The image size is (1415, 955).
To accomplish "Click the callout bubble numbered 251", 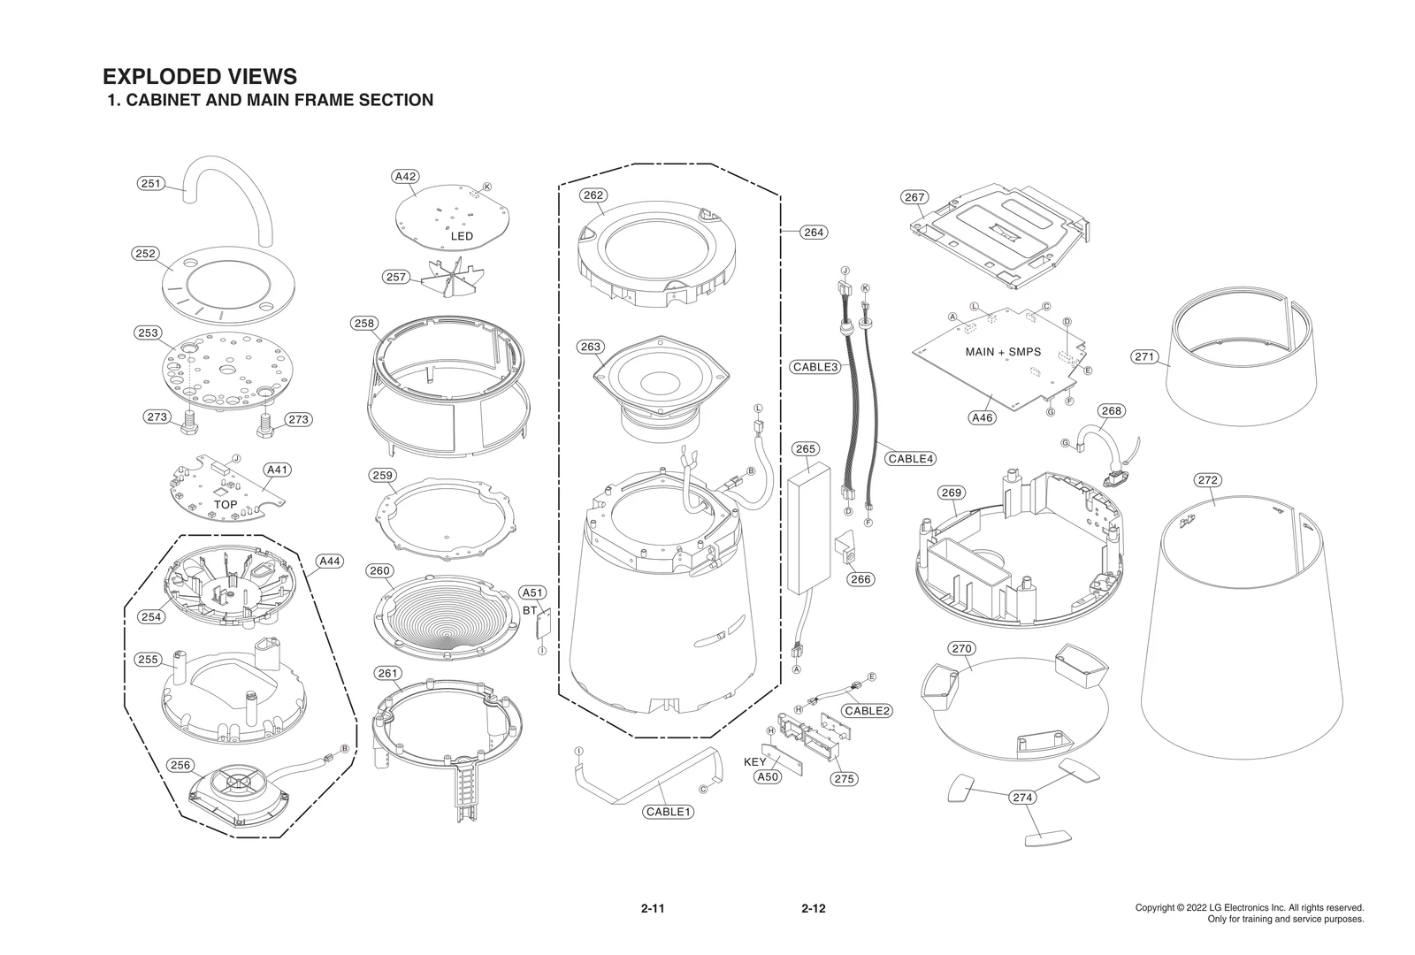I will [x=151, y=183].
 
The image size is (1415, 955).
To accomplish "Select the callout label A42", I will [x=405, y=176].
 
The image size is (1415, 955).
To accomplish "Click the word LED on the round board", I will [x=462, y=236].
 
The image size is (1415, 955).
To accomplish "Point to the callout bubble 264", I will [x=813, y=233].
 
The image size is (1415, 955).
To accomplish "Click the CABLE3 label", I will [x=815, y=366].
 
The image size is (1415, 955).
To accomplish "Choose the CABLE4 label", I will [x=911, y=458].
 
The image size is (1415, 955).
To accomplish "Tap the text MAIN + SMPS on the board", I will [x=1003, y=352].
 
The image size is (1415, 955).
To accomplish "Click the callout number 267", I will [x=914, y=197].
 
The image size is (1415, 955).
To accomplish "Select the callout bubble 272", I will [x=1207, y=480].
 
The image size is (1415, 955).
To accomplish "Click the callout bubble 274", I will [x=1022, y=798].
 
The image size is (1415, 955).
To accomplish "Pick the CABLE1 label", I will [x=669, y=812].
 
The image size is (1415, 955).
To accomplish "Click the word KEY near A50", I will [x=754, y=761].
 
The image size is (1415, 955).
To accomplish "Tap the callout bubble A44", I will [x=329, y=561].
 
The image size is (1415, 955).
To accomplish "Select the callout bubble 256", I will [x=180, y=765].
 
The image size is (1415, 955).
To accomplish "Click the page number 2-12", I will [x=813, y=908].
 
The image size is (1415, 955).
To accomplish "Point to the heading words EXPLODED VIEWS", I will [x=200, y=76].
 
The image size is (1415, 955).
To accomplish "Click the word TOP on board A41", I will [x=226, y=504].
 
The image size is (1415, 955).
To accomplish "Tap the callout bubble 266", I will [x=860, y=579].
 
